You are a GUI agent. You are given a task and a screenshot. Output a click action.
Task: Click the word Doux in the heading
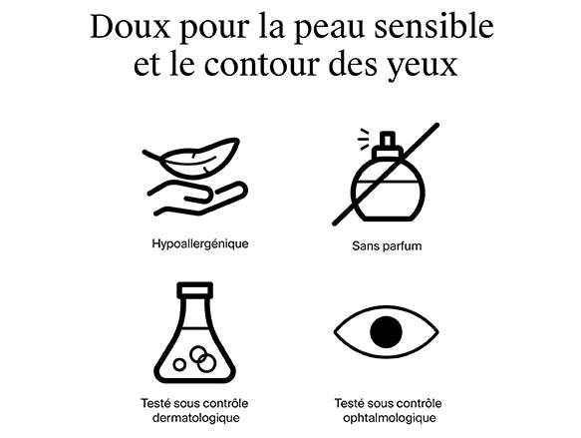pos(131,27)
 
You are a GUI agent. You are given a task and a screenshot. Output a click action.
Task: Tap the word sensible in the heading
pos(434,27)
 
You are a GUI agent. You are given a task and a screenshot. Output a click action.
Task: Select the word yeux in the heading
pos(423,66)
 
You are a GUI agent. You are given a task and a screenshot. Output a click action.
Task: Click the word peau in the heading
pos(329,30)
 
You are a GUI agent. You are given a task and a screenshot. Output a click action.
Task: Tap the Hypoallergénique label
pos(200,244)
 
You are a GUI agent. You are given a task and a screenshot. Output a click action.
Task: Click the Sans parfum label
pos(387,245)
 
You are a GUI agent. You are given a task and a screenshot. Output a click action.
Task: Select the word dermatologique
pos(196,418)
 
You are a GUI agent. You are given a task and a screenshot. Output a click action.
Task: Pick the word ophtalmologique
pos(389,418)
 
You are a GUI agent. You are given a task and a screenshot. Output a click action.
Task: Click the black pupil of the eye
pos(386,331)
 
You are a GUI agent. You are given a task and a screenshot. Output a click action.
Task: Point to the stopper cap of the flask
pos(195,290)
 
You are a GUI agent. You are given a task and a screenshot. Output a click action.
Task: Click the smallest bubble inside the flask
pos(179,364)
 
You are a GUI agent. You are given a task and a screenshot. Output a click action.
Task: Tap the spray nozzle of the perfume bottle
pos(388,139)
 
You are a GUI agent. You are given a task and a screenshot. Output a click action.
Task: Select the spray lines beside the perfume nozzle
pos(364,139)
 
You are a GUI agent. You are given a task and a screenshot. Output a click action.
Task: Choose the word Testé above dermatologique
pos(155,403)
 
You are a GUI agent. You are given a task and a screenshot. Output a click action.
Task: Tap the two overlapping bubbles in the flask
pos(202,359)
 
